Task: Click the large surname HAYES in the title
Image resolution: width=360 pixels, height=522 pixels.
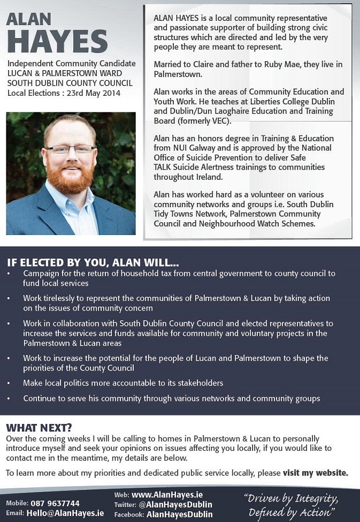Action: coord(57,41)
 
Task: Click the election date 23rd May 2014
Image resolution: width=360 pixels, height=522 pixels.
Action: coord(96,93)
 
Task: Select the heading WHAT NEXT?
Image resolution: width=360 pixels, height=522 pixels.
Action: coord(39,428)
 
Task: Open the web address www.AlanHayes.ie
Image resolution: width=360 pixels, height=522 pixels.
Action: coord(167,495)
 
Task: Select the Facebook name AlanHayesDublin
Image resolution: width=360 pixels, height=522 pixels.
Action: coord(179,514)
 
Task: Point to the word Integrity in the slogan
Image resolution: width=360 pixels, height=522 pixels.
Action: coord(313,499)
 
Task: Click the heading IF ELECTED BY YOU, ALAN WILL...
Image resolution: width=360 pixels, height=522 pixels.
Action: coord(93,263)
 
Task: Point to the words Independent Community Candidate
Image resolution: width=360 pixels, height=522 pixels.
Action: coord(72,64)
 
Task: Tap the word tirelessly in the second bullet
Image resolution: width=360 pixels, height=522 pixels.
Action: coord(66,298)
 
